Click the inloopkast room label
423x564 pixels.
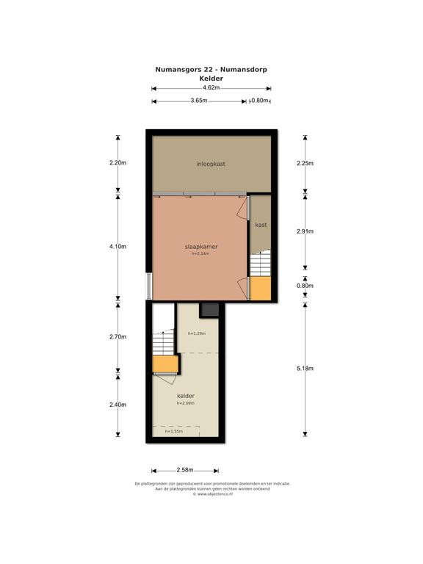211,164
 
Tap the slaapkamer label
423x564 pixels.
200,247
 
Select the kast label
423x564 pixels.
261,225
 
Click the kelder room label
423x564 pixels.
186,396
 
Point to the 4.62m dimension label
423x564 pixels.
211,87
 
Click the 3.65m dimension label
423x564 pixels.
199,101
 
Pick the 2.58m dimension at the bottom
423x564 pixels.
185,470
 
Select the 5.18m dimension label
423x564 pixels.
305,369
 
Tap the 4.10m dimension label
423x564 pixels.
118,247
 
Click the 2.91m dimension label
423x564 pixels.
305,231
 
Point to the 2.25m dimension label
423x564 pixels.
305,163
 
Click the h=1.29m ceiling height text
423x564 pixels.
197,333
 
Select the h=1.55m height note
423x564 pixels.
174,431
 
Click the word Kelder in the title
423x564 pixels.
211,79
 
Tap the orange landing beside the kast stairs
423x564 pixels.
260,289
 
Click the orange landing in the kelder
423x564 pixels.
165,364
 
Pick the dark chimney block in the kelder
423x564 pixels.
209,310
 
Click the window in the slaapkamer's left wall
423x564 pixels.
149,286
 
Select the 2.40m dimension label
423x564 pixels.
118,405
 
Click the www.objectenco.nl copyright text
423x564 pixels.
213,494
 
